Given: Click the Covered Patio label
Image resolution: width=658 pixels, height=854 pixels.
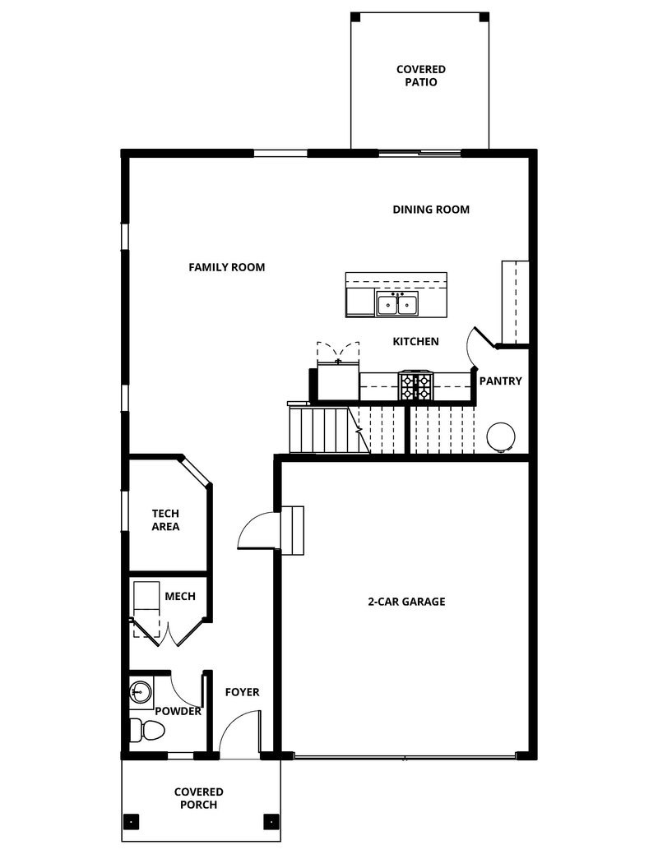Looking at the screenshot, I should [420, 76].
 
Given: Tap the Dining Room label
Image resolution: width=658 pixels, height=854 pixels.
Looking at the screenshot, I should [431, 210].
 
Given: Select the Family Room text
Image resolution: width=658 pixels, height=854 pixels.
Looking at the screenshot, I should [226, 267].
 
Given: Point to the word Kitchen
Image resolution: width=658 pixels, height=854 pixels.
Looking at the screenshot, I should [415, 341].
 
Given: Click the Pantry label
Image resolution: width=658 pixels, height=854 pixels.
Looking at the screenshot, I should [500, 381].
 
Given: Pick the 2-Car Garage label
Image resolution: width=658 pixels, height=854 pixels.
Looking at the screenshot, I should [406, 602].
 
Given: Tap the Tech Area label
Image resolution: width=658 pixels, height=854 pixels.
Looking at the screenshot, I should [165, 520].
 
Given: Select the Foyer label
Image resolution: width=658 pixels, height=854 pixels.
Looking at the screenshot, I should [242, 692].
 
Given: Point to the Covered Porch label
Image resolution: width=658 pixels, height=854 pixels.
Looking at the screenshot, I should [198, 798].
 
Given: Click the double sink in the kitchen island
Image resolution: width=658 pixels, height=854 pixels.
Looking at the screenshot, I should [397, 305].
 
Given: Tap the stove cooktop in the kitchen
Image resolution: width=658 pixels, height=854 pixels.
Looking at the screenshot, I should [415, 385].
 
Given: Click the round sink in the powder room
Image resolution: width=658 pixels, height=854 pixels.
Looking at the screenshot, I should [139, 691].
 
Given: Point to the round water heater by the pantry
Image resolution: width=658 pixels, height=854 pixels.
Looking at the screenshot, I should [499, 436].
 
